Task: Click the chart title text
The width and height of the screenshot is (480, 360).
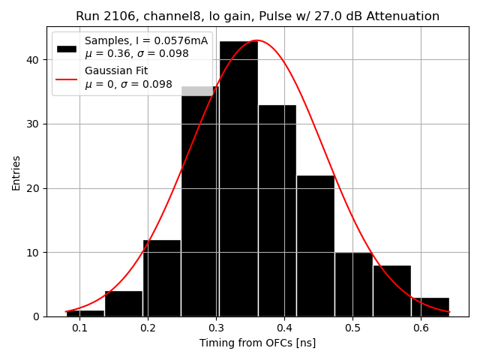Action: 257,16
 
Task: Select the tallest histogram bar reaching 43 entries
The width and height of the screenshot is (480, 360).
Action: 238,180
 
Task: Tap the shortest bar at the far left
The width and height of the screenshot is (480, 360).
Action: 85,313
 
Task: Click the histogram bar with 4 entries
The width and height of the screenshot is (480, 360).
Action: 124,304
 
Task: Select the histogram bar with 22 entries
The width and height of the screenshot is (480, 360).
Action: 315,247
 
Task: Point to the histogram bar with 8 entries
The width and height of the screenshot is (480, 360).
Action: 391,292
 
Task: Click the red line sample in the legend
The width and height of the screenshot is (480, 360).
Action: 67,78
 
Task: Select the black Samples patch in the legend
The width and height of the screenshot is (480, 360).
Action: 67,48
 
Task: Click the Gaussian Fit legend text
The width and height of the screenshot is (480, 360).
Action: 116,71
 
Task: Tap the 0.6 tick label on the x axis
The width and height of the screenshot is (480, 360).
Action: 421,328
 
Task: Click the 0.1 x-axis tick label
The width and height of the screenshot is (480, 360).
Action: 79,328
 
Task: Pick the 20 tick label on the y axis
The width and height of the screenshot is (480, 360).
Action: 34,188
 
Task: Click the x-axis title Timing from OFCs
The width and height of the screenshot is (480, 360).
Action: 257,343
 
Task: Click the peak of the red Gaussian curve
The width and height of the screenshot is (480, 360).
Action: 257,40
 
